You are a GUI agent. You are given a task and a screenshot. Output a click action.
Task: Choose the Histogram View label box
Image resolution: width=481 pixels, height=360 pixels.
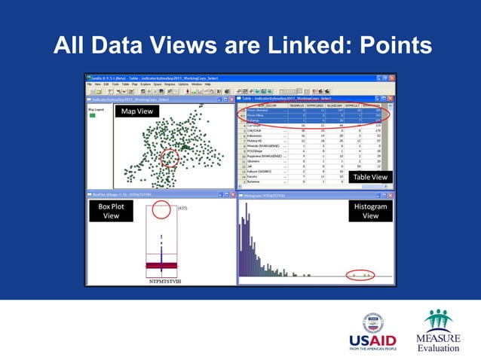370,211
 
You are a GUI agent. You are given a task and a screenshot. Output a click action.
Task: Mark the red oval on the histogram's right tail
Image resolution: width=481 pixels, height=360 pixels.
360,276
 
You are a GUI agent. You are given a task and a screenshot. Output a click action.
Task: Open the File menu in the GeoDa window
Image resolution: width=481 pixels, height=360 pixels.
89,84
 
